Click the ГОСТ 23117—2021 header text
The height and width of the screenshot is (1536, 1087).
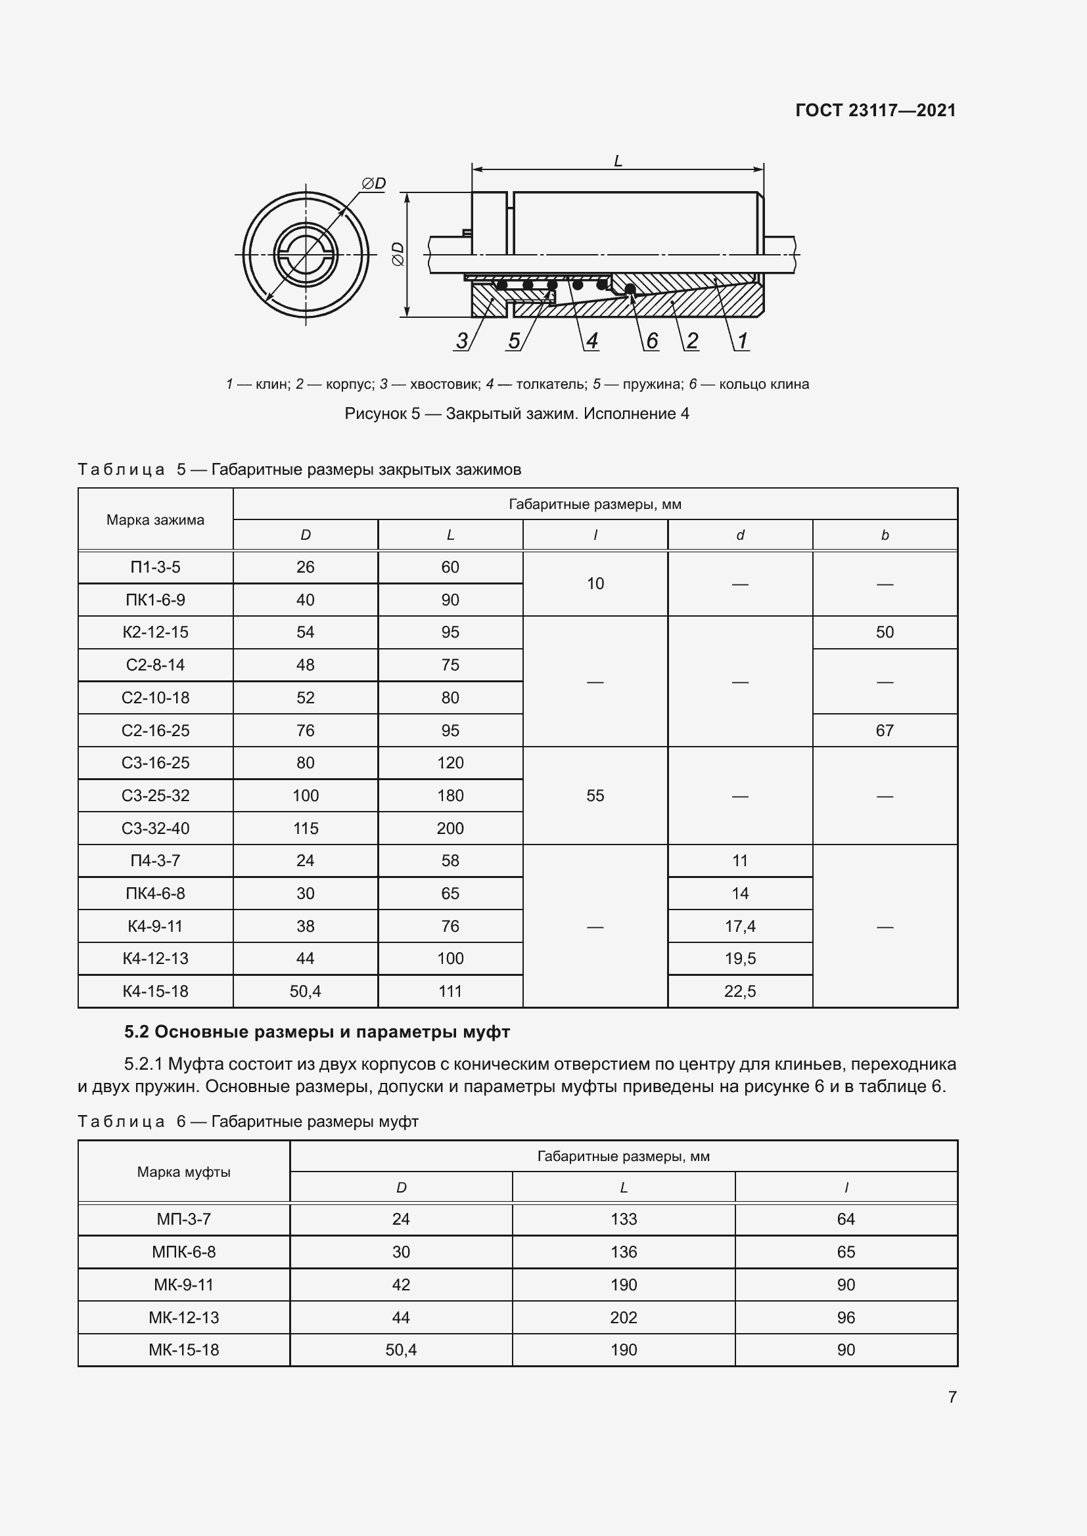[x=875, y=110]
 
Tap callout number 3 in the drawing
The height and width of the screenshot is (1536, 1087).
[x=462, y=341]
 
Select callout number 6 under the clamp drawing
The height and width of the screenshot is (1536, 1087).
[x=651, y=341]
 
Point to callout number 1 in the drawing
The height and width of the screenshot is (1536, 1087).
[x=741, y=341]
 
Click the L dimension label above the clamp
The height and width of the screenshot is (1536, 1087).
[x=618, y=162]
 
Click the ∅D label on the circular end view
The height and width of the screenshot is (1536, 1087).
[x=373, y=183]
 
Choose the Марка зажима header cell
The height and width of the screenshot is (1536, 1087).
[x=155, y=520]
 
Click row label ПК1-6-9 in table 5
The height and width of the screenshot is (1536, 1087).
[x=155, y=600]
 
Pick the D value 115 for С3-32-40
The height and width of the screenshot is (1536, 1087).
[x=305, y=828]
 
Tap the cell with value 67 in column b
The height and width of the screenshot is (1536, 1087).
[x=884, y=730]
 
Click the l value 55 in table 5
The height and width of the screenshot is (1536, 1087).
[x=595, y=795]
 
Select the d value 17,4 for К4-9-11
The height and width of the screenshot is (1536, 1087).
[x=739, y=926]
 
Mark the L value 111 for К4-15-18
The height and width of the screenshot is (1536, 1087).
[x=450, y=992]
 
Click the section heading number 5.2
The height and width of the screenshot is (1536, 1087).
[x=137, y=1032]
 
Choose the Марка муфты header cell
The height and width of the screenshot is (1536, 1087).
[x=183, y=1172]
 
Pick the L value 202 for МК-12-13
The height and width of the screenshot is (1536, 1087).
[x=623, y=1317]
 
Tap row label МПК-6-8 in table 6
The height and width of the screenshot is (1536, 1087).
[x=183, y=1252]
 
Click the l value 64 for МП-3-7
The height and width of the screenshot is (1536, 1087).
[x=845, y=1219]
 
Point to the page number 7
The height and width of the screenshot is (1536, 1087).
[x=952, y=1397]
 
